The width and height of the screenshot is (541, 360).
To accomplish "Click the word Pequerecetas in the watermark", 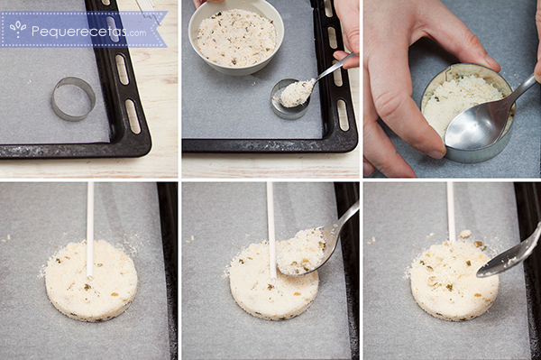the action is coord(78,32).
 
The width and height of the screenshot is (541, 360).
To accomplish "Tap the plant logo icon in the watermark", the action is coord(18,29).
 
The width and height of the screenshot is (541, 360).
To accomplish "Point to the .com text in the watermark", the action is coord(136,33).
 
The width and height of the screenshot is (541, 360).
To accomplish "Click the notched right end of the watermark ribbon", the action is coord(163,29).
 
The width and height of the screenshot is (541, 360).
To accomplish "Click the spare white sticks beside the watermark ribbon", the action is coord(148,10).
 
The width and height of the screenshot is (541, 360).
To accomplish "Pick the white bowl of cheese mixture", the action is coord(236,38).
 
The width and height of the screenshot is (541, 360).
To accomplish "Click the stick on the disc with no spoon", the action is coord(90,229).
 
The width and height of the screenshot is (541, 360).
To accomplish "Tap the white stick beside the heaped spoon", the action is coord(271,229).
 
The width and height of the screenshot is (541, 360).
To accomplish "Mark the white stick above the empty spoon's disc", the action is coord(451,211).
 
